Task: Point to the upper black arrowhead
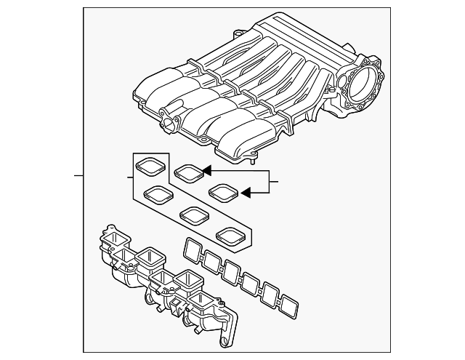(206, 171)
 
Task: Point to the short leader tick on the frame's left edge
(79, 176)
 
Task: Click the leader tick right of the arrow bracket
(275, 180)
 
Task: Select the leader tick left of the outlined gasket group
(129, 177)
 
